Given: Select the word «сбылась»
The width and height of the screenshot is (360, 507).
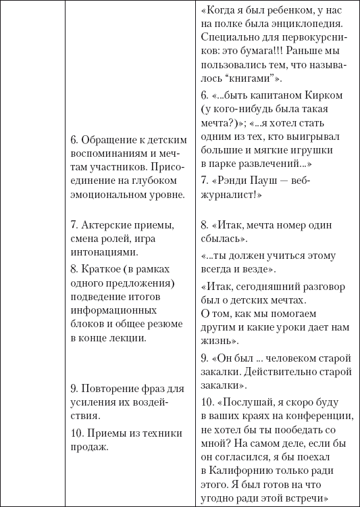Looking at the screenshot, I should (x=223, y=239).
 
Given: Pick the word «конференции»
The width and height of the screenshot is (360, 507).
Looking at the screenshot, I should (x=316, y=416).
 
